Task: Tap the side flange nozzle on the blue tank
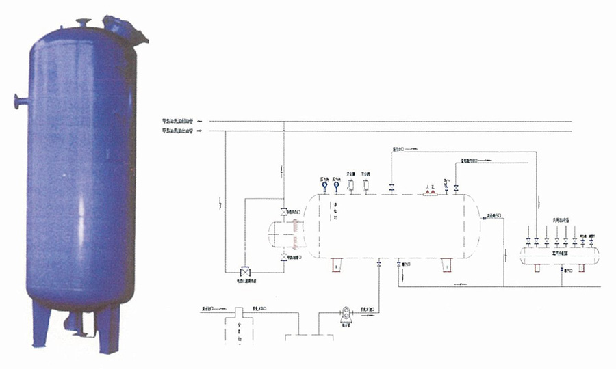click(x=17, y=102)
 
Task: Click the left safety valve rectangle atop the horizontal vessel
click(x=350, y=184)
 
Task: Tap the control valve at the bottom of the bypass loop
click(x=246, y=269)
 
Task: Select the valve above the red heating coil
click(x=283, y=213)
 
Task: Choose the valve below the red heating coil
click(x=283, y=258)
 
